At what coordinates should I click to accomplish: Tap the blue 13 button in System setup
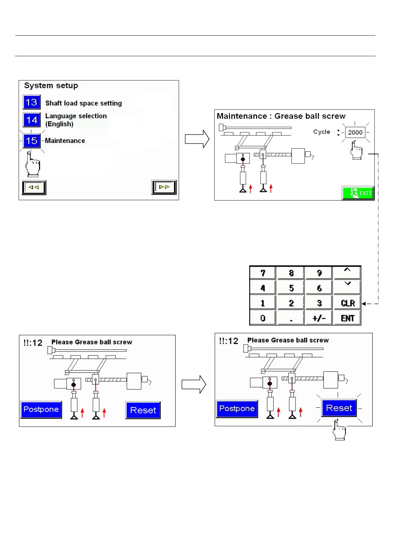(32, 102)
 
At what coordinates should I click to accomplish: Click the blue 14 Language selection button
(32, 120)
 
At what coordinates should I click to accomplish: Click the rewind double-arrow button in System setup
(34, 187)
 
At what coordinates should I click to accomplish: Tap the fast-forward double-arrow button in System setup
(164, 187)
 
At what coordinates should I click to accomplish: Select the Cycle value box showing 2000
(355, 132)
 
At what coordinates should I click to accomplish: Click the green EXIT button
(358, 193)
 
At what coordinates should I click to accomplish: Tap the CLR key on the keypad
(347, 303)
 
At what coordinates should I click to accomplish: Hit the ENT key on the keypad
(347, 318)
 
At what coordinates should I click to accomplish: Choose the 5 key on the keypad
(291, 288)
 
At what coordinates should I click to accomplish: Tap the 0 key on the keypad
(263, 318)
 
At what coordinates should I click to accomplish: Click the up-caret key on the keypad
(347, 272)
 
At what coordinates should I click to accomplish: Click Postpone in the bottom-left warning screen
(41, 409)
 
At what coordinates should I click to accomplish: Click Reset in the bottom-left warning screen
(143, 410)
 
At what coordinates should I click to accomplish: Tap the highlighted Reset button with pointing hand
(339, 408)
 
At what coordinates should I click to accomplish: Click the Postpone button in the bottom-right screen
(237, 408)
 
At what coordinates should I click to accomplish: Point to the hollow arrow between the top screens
(197, 139)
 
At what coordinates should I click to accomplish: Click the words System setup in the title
(51, 85)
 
